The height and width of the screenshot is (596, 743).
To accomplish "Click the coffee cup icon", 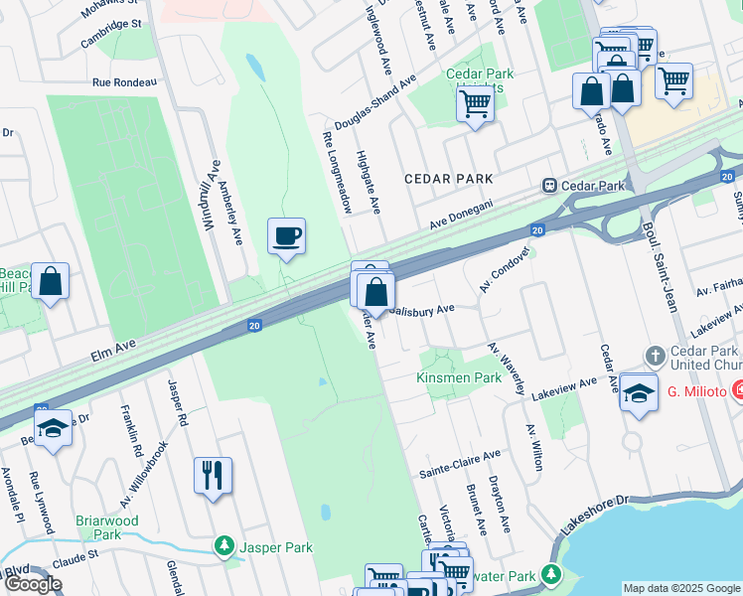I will (286, 236).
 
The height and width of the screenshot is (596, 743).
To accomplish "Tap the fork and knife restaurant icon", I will (213, 476).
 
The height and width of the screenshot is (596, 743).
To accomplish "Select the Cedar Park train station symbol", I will (547, 186).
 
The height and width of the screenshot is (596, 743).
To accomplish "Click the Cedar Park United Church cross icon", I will (655, 356).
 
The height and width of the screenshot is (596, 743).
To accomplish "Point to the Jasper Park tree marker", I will (225, 546).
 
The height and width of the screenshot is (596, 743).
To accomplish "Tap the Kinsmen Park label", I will (459, 378).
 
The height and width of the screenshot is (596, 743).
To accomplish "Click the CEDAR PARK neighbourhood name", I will (449, 179).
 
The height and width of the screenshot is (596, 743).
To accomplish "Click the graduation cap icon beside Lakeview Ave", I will (639, 390).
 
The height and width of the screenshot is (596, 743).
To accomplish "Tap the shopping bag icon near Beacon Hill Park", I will (50, 281).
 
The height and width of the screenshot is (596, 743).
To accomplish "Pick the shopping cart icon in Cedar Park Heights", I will (476, 101).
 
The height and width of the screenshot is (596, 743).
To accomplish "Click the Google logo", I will (32, 584).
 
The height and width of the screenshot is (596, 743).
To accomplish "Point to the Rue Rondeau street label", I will (125, 83).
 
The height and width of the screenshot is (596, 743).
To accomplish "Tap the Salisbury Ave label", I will (421, 309).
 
